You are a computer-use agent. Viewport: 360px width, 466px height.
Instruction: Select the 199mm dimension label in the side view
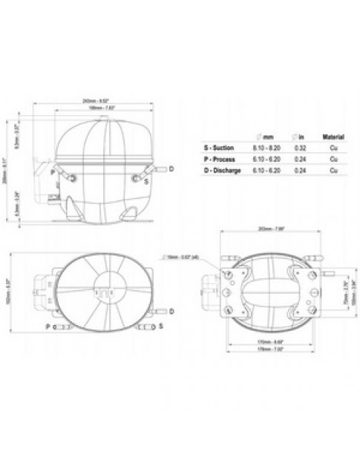[x=96, y=108]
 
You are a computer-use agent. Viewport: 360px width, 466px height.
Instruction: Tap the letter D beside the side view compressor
[x=171, y=169]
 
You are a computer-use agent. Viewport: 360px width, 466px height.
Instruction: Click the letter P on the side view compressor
[x=52, y=172]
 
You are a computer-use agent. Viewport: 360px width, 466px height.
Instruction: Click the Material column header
[x=331, y=137]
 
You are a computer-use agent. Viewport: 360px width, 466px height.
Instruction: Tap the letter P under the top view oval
[x=48, y=326]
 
